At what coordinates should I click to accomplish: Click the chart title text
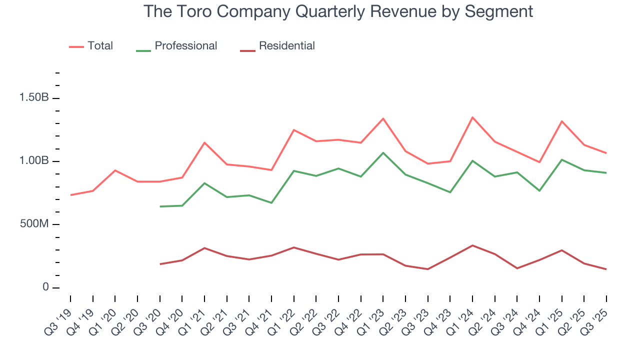(x=338, y=11)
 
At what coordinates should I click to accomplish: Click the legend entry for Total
(x=100, y=46)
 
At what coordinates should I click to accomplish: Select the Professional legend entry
(x=185, y=46)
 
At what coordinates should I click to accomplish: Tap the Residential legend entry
(x=286, y=46)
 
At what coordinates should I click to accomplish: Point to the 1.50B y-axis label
(x=34, y=97)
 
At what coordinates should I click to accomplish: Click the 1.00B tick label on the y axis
(x=34, y=161)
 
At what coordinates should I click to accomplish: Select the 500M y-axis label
(x=34, y=224)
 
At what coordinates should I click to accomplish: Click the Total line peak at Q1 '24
(x=472, y=117)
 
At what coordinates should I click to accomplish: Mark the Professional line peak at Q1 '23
(x=383, y=152)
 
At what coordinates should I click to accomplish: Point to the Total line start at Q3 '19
(x=70, y=195)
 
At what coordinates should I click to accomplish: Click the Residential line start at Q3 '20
(x=160, y=264)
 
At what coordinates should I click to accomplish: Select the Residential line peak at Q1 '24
(x=472, y=245)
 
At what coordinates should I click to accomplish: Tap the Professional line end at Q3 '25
(x=606, y=173)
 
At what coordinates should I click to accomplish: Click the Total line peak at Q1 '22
(x=293, y=130)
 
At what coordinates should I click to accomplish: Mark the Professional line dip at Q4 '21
(x=271, y=203)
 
